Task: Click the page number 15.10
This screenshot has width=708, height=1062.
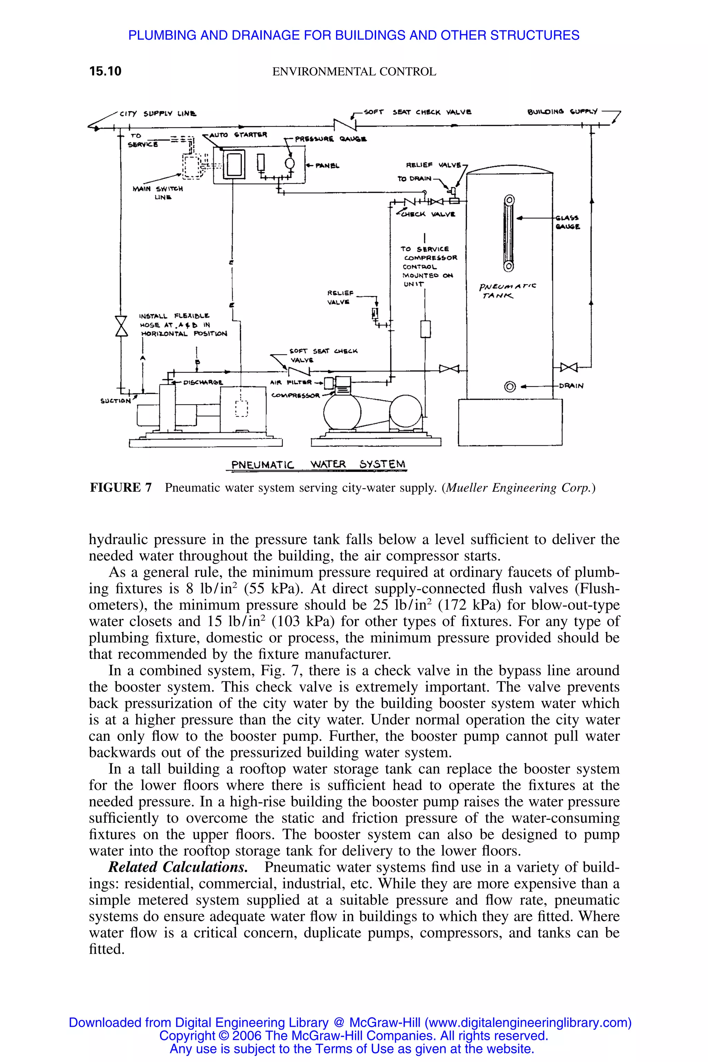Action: pyautogui.click(x=105, y=71)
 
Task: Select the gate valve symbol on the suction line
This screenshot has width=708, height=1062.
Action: pyautogui.click(x=121, y=326)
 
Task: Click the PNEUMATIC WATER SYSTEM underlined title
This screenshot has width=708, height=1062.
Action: pyautogui.click(x=318, y=464)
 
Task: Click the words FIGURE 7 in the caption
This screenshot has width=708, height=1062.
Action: pyautogui.click(x=121, y=488)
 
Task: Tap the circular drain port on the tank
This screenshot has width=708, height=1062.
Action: pyautogui.click(x=510, y=386)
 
